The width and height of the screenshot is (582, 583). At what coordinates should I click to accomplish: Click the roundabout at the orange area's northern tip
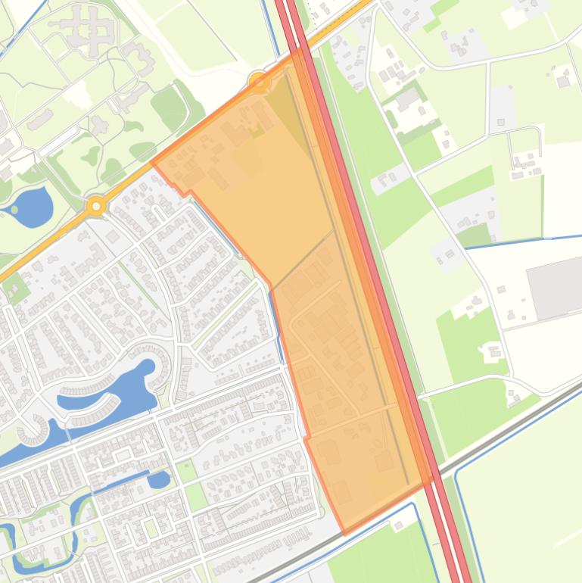click(259, 81)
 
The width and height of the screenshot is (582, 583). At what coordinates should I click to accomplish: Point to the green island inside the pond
click(14, 208)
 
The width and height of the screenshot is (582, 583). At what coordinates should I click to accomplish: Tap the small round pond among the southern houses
click(160, 479)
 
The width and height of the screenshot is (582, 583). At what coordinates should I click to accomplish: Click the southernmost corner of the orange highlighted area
click(345, 533)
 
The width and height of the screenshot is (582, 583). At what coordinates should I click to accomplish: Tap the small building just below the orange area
click(397, 525)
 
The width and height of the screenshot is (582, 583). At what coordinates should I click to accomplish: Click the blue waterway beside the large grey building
click(522, 241)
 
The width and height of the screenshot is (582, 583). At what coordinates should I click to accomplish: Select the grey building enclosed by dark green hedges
click(407, 98)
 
